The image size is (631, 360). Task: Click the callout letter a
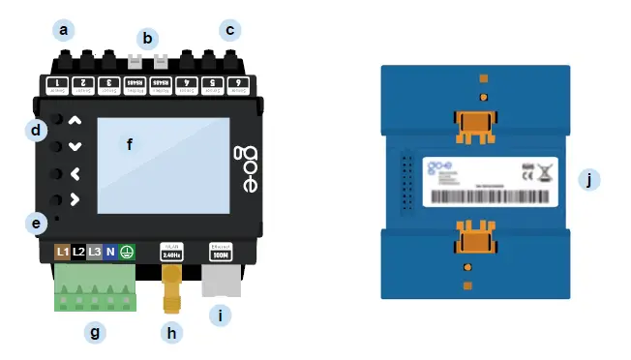[x=64, y=29]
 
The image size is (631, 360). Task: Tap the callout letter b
[x=147, y=39]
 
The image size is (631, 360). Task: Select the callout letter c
[x=229, y=29]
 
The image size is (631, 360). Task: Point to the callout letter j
[x=587, y=179]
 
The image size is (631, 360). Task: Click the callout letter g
[x=94, y=333]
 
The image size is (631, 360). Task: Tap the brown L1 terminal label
[x=63, y=252]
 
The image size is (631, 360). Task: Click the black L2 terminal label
[x=79, y=252]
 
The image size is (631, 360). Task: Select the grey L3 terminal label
[x=95, y=252]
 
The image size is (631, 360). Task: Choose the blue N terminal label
[x=110, y=252]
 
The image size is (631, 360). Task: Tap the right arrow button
[x=75, y=201]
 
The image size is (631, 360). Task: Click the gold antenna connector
[x=173, y=286]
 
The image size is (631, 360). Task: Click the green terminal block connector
[x=95, y=287]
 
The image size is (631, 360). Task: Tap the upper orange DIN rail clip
[x=475, y=126]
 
